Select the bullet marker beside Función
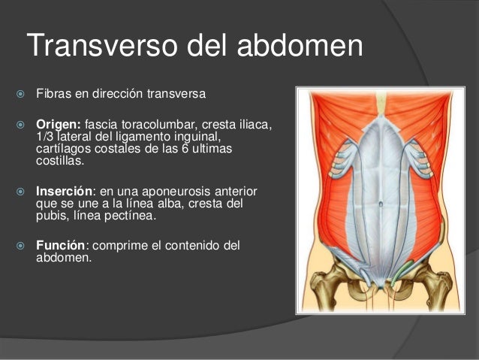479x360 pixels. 17,246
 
